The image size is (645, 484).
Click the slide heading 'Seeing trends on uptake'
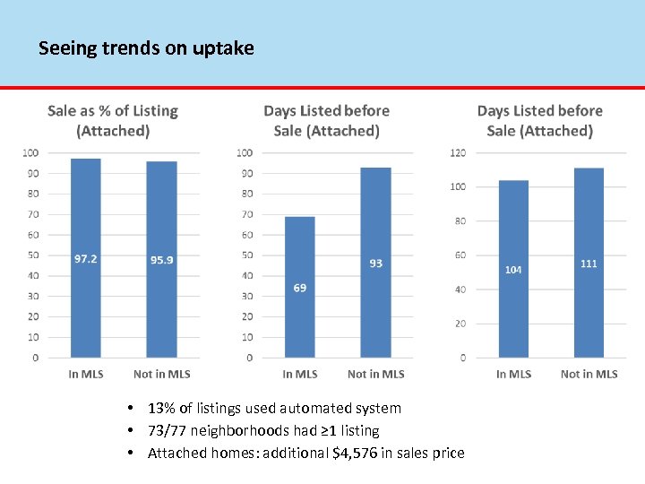146,48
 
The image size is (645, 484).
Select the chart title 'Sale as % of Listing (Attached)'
113,121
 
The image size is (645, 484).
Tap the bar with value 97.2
86,269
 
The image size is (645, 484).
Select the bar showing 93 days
375,287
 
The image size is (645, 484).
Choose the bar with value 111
589,287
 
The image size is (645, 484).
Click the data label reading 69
299,288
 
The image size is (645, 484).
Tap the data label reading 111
589,264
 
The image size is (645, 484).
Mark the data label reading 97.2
86,259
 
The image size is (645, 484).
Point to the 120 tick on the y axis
458,152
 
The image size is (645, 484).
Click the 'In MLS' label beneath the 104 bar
513,374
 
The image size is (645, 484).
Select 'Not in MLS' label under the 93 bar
375,374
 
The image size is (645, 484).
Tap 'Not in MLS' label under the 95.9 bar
161,374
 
